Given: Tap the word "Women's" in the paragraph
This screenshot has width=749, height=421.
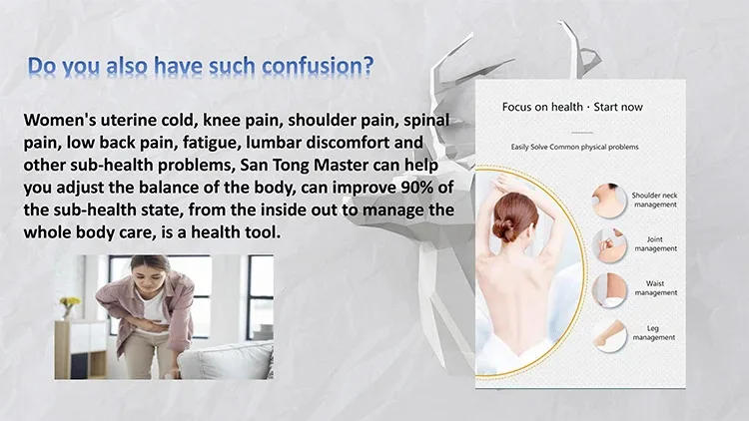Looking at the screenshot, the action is point(60,120).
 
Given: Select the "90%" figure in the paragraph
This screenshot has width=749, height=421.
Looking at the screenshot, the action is point(417,188).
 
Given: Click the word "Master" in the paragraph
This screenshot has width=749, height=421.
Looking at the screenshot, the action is point(339,165).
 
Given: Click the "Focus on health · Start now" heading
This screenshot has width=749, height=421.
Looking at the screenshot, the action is point(572,107).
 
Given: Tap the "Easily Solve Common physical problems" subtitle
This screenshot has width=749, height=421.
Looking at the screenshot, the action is point(574,147).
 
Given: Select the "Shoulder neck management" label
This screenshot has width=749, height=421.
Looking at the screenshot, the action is point(654,200).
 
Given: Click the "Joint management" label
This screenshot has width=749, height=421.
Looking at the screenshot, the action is point(655,243).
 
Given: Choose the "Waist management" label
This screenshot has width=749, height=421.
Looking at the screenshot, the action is point(655,288).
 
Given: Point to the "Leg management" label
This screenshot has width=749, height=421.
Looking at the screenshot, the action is point(653,332).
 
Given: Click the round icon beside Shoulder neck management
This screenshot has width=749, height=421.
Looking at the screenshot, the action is point(609,201).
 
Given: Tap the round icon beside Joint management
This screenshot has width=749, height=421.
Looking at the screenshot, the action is point(609,245).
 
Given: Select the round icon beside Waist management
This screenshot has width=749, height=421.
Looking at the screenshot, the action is point(609,290).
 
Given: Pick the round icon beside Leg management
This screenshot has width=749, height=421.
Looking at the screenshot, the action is point(609,335).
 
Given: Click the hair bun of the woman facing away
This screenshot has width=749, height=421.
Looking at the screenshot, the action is point(504,229).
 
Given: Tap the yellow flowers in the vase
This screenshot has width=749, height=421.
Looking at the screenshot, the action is point(71,301).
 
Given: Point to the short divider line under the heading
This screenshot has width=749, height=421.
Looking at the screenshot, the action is point(582,133).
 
